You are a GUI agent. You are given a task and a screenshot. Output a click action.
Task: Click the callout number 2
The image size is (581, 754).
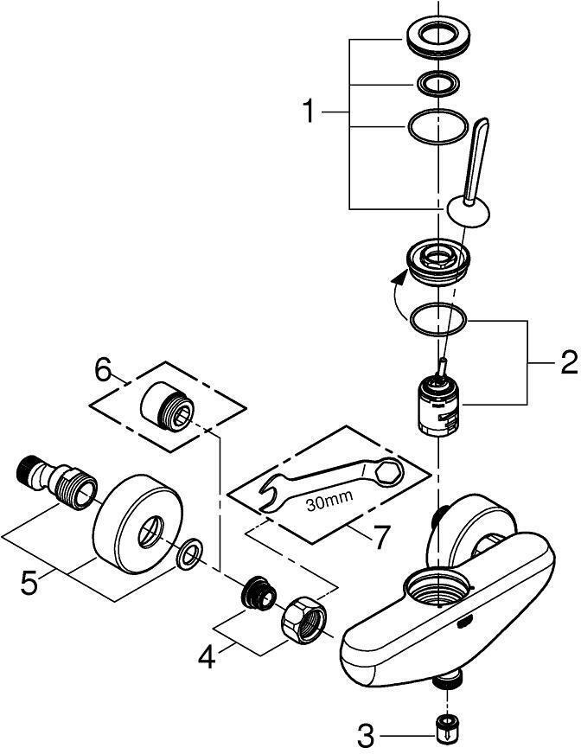point(567,362)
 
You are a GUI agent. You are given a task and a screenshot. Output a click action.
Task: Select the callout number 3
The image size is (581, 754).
point(367,735)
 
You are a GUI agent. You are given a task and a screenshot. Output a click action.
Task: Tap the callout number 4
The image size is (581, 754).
point(205,658)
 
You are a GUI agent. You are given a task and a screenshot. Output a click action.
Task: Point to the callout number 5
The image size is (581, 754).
point(29,583)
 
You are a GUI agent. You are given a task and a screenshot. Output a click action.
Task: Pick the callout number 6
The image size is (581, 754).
point(104,372)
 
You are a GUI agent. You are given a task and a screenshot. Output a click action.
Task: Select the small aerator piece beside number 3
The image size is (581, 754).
point(446,726)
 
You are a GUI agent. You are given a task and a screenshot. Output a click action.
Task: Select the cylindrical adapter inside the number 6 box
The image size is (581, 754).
point(168,406)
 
